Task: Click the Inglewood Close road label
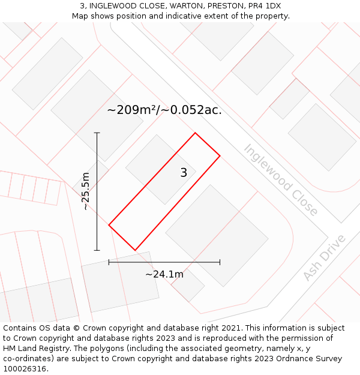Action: [280, 179]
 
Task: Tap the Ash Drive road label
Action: [324, 257]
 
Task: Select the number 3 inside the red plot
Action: [184, 173]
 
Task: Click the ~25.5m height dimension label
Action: [86, 191]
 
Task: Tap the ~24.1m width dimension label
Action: [164, 274]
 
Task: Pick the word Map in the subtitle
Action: [81, 16]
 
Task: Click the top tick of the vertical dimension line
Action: [97, 133]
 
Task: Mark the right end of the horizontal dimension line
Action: [220, 262]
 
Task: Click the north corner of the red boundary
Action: [195, 133]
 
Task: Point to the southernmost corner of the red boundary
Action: [135, 250]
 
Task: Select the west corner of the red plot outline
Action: [109, 225]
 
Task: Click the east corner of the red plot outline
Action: [220, 156]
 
